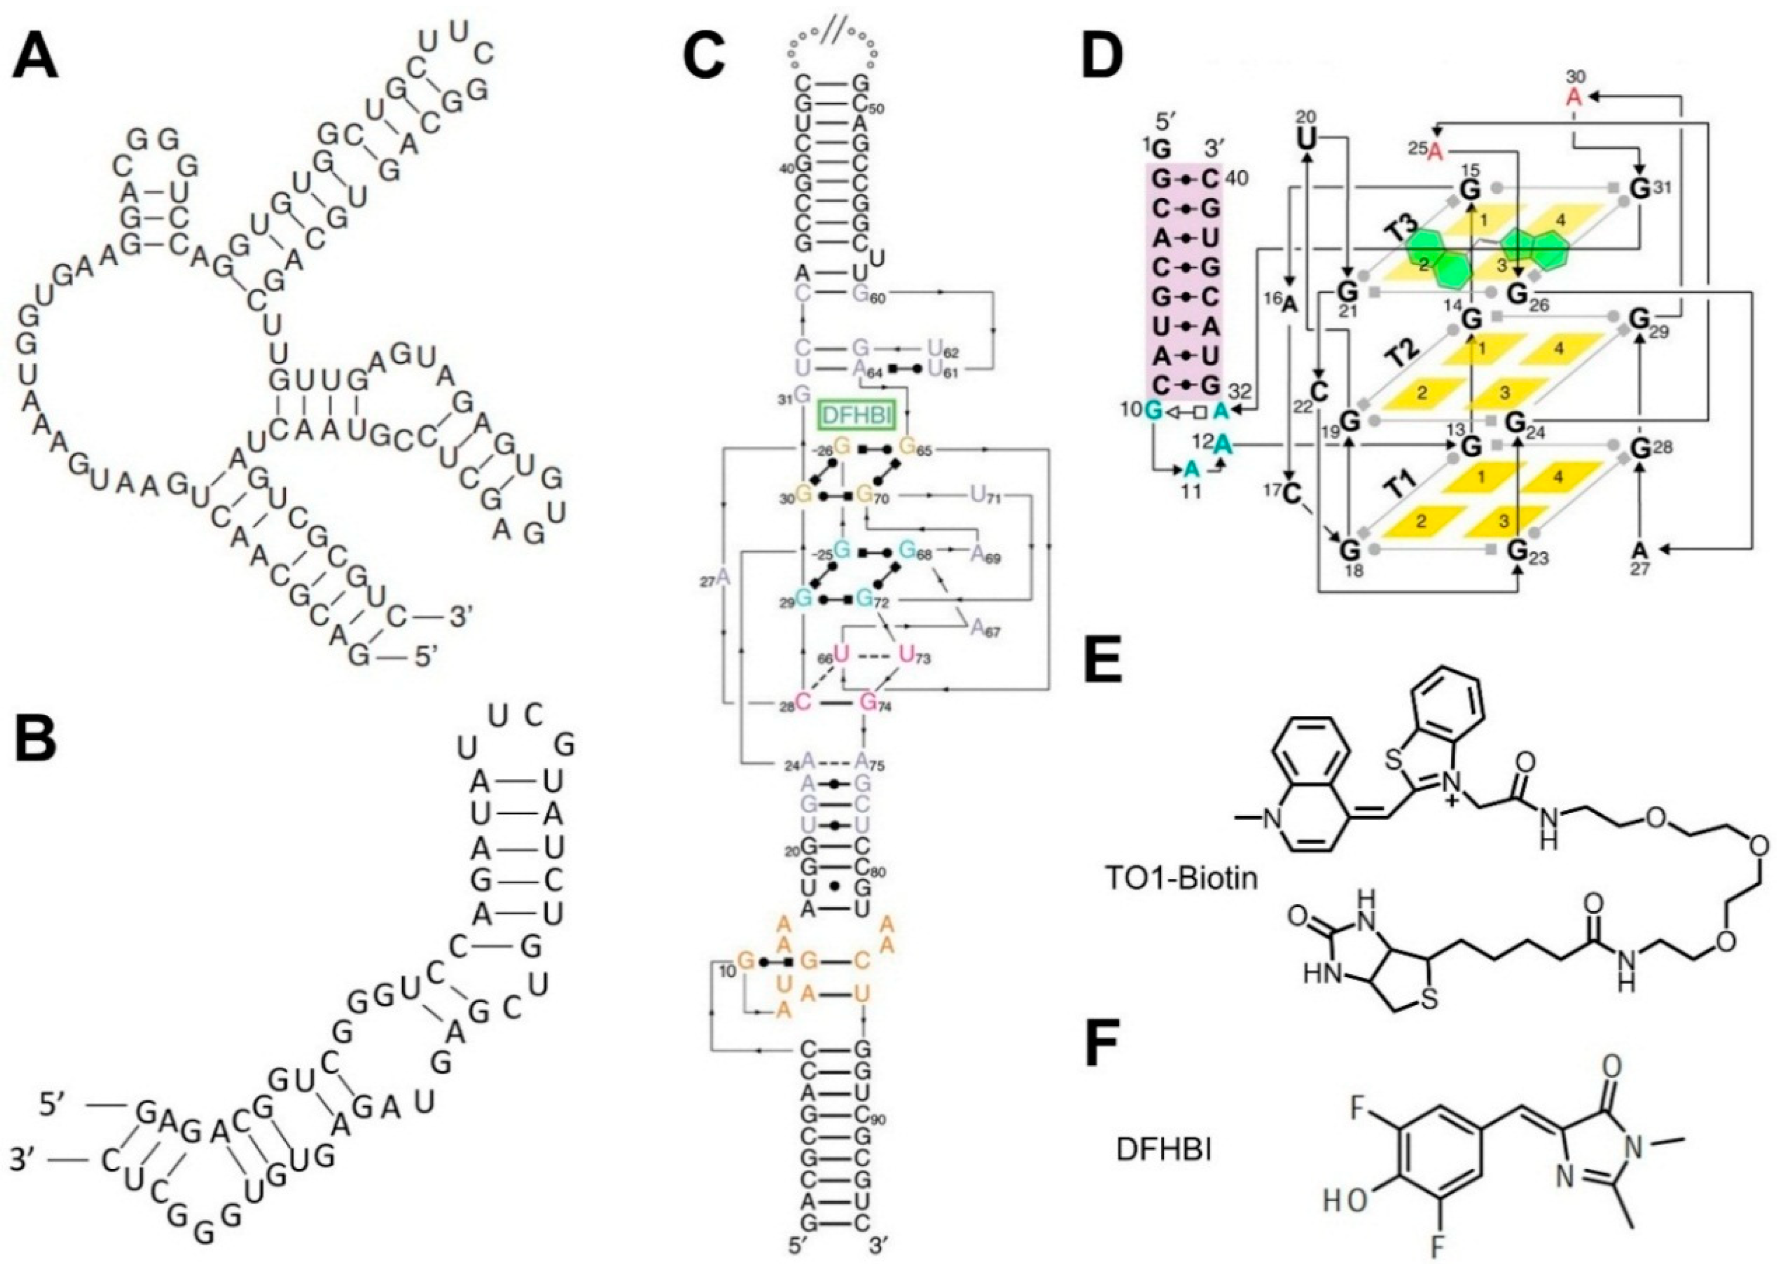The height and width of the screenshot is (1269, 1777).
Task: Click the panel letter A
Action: (35, 59)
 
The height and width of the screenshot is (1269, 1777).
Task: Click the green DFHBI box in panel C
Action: (856, 416)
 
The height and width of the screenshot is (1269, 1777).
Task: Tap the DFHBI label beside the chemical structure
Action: (1163, 1149)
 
